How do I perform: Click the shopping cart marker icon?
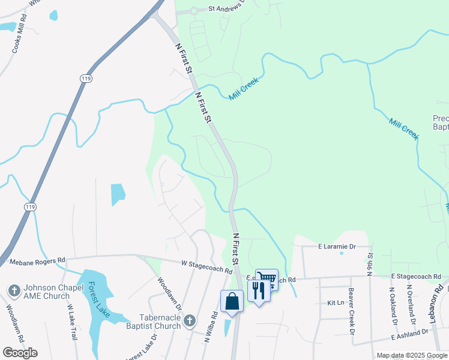point(267,278)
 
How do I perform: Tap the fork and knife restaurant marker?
point(259,290)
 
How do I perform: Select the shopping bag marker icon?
point(232,301)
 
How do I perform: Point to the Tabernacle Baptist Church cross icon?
point(190,320)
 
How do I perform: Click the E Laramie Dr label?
point(337,246)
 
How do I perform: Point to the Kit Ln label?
point(334,303)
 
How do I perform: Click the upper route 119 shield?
point(86,79)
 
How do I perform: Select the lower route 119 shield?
point(30,206)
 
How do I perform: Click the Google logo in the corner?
point(20,352)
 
